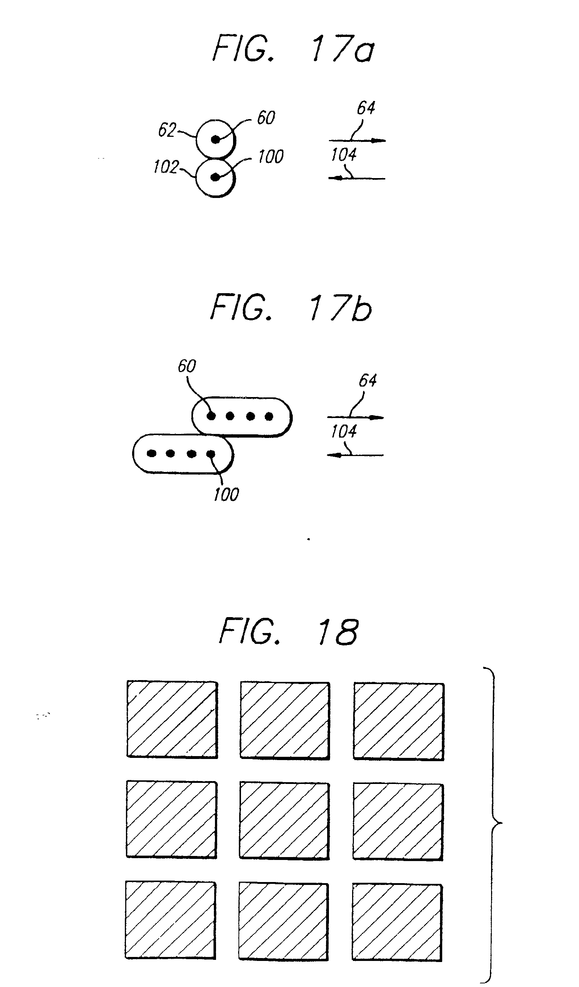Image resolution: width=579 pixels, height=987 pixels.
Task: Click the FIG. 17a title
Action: (x=293, y=48)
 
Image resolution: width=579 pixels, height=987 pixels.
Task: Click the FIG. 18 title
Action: (x=289, y=631)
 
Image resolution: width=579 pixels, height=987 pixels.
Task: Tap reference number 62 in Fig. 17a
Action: (x=167, y=130)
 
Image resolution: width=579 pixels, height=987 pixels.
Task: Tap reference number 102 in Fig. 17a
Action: (x=166, y=167)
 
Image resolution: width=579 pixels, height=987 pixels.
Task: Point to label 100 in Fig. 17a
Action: (x=271, y=157)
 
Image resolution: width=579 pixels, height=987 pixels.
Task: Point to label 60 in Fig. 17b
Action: (x=187, y=366)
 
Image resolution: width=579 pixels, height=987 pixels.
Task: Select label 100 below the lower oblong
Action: (x=226, y=494)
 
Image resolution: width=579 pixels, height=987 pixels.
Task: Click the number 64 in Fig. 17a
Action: (x=366, y=108)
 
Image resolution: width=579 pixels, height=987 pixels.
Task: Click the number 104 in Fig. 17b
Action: (x=344, y=431)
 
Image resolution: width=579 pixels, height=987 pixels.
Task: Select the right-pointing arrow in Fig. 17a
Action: (x=357, y=140)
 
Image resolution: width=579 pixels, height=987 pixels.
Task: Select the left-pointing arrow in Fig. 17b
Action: (x=355, y=455)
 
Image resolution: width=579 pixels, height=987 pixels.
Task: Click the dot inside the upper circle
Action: (x=215, y=139)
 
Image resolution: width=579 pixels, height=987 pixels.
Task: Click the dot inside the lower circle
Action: (x=215, y=177)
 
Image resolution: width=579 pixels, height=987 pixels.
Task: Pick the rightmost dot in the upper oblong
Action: (x=269, y=416)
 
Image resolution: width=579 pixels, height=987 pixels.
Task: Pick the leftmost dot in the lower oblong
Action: (x=152, y=453)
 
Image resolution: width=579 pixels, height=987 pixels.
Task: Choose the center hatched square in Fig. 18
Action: (x=284, y=820)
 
